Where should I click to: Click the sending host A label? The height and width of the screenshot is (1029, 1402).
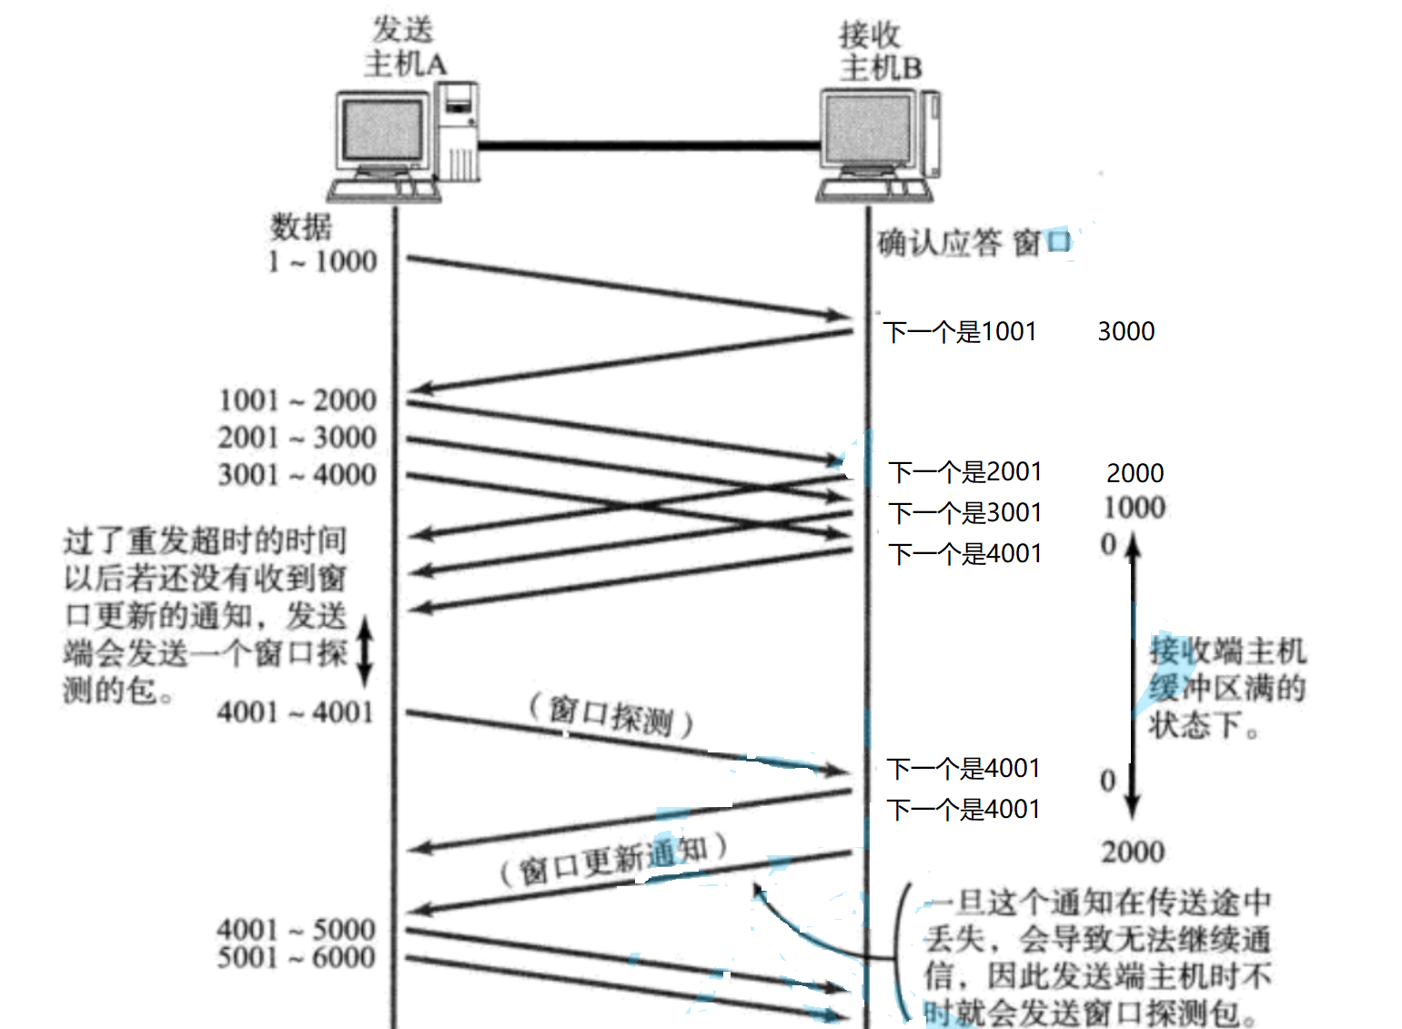pyautogui.click(x=404, y=47)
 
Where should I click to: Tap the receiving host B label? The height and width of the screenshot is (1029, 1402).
pyautogui.click(x=879, y=52)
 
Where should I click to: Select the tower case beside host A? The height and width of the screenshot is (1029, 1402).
pyautogui.click(x=458, y=132)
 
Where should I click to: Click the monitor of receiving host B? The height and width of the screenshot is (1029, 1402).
pyautogui.click(x=867, y=132)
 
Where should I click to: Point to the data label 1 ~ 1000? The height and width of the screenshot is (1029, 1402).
pyautogui.click(x=322, y=262)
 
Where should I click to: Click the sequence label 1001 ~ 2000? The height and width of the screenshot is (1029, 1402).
pyautogui.click(x=298, y=400)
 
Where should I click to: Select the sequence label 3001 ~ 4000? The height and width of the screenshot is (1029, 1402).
pyautogui.click(x=298, y=475)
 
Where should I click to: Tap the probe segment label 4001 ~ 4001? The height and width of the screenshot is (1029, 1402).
pyautogui.click(x=296, y=712)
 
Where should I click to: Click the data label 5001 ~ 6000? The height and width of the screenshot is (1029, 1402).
pyautogui.click(x=296, y=958)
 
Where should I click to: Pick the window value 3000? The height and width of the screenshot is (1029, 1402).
pyautogui.click(x=1125, y=331)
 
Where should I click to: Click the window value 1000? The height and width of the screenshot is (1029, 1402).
pyautogui.click(x=1135, y=508)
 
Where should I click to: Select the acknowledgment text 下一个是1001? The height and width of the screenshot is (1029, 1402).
pyautogui.click(x=961, y=332)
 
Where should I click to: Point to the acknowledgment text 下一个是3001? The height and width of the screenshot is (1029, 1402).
pyautogui.click(x=965, y=513)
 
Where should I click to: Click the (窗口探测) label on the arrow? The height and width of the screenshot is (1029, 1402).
pyautogui.click(x=611, y=716)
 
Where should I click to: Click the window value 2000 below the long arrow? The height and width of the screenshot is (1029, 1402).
pyautogui.click(x=1133, y=852)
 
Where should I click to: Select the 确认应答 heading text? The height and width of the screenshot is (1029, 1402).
pyautogui.click(x=939, y=243)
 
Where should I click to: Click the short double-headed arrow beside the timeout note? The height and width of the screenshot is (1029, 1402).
pyautogui.click(x=364, y=651)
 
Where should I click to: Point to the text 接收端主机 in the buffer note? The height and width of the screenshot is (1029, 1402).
pyautogui.click(x=1227, y=651)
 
